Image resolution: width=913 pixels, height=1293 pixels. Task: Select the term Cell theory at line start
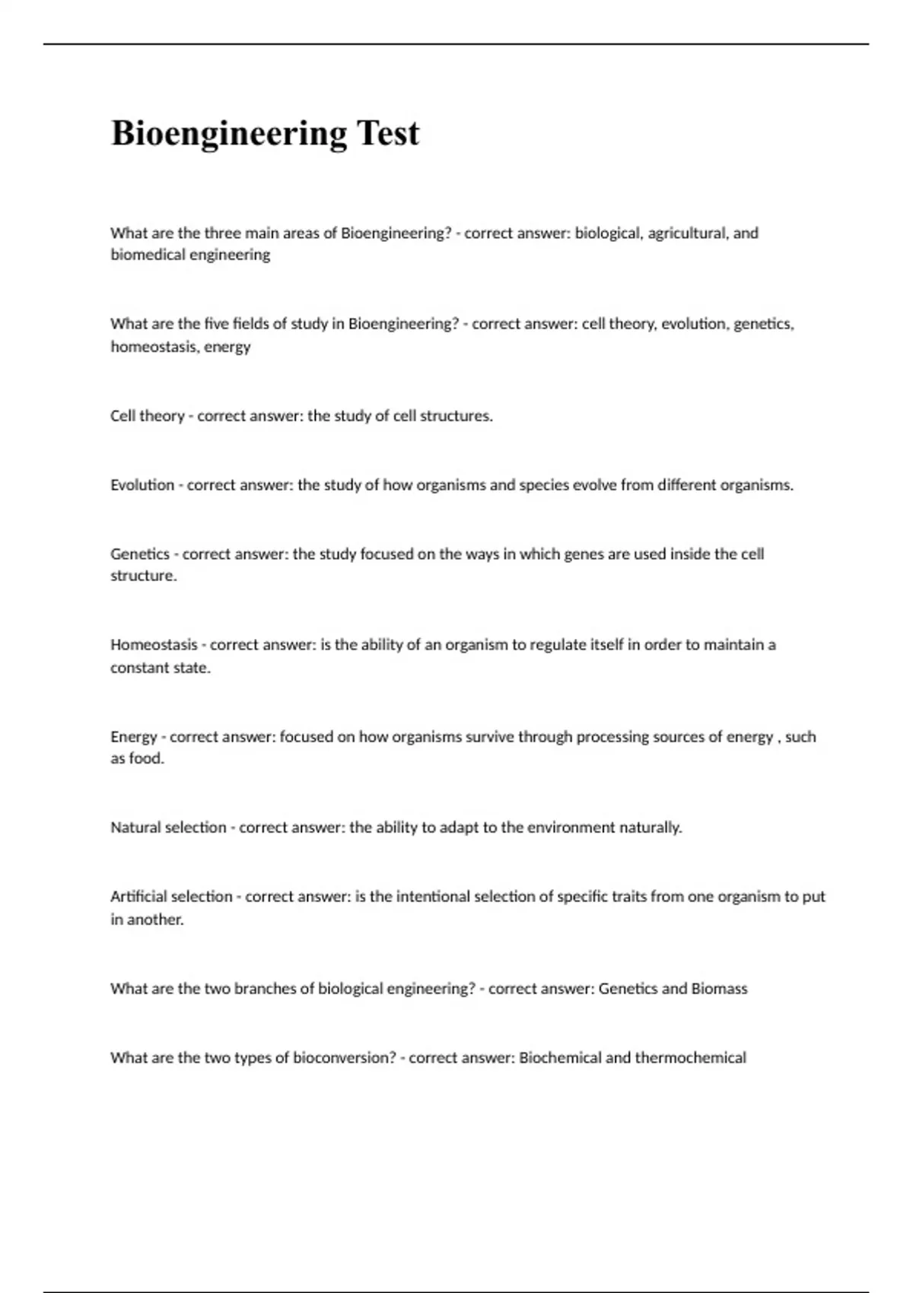click(148, 416)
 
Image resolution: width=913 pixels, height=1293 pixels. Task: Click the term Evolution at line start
click(142, 485)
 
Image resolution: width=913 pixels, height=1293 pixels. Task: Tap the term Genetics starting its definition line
click(140, 554)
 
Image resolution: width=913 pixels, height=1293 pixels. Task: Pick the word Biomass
click(719, 989)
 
